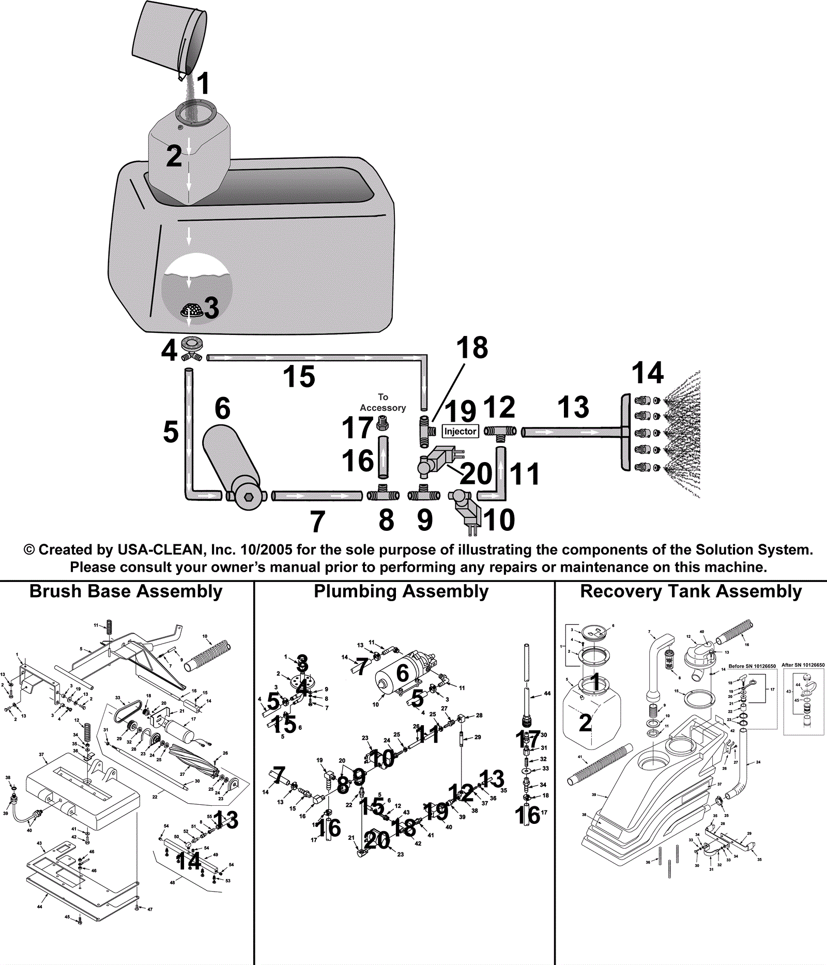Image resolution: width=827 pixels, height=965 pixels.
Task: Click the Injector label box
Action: [460, 431]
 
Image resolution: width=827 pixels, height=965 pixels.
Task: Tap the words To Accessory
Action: [382, 402]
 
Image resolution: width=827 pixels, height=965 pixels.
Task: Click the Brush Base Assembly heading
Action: [126, 591]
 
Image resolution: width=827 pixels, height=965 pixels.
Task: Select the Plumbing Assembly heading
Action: [401, 591]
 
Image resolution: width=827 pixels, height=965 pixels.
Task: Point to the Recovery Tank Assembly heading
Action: [691, 591]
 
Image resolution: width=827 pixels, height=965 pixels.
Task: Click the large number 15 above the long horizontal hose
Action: [299, 376]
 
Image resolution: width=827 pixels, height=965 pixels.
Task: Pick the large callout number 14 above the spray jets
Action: [647, 373]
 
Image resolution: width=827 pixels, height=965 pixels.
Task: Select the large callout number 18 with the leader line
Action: [472, 348]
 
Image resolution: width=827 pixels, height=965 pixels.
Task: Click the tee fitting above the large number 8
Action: [383, 494]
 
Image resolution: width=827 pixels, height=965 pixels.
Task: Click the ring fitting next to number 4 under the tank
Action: [192, 343]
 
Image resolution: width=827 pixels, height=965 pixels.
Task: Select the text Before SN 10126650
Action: [752, 666]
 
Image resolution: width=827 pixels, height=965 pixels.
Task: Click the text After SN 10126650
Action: [803, 665]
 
